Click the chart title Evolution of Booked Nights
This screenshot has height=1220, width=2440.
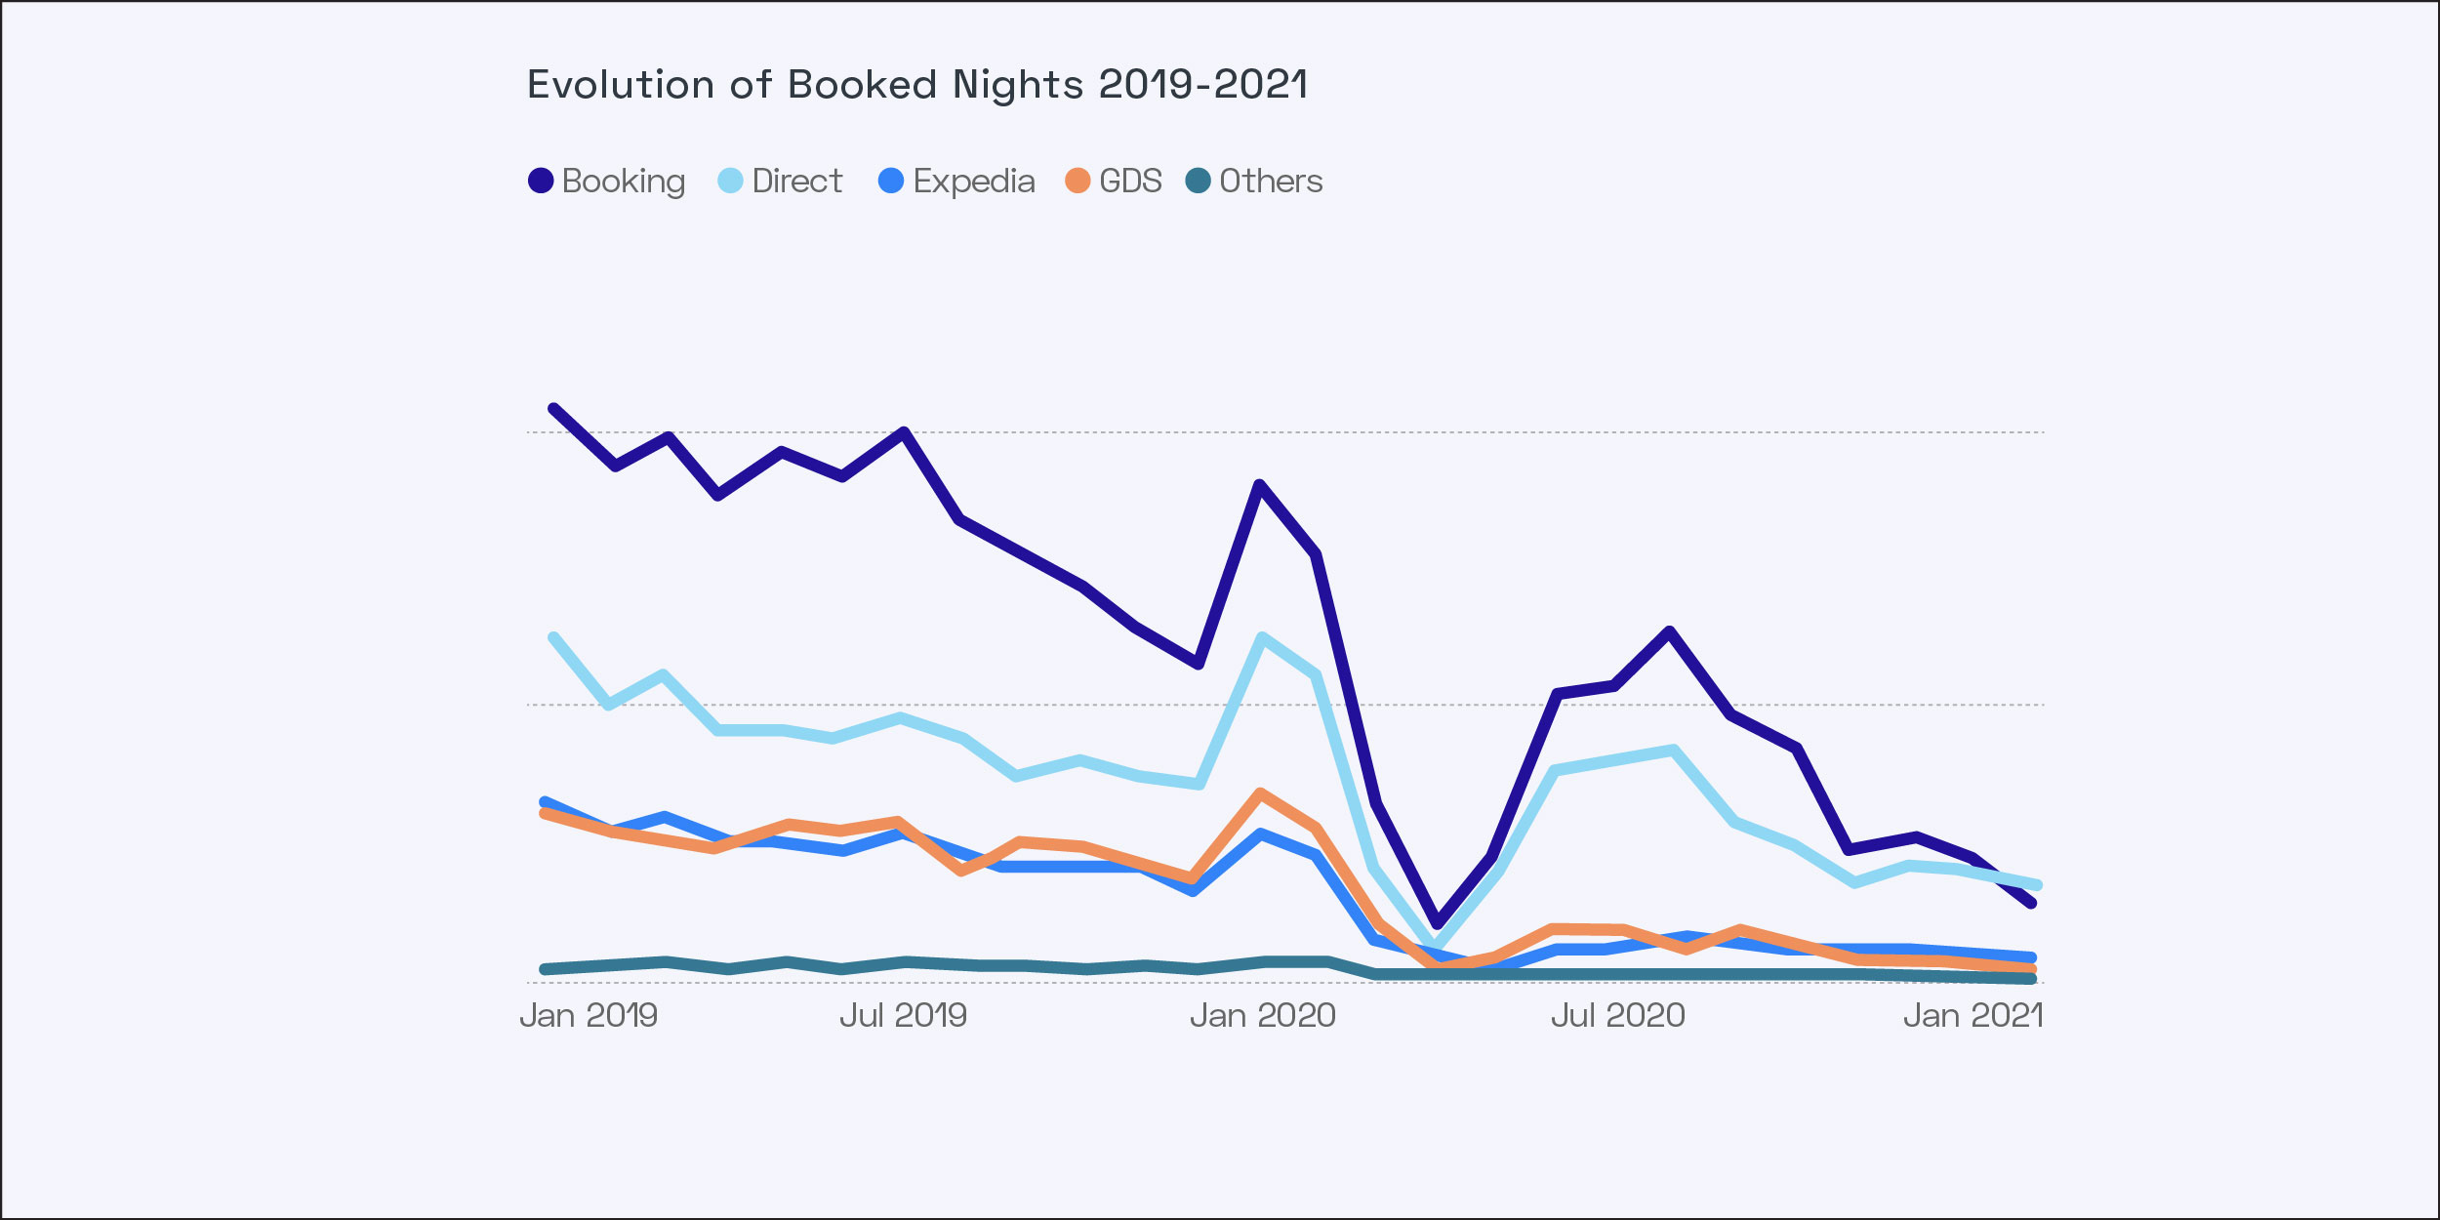coord(916,85)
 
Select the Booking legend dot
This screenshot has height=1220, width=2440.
coord(541,181)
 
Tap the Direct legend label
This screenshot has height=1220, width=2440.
coord(796,181)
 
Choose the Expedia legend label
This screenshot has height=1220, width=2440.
coord(973,181)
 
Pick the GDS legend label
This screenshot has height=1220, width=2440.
coord(1130,181)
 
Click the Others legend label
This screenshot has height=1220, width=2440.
coord(1271,181)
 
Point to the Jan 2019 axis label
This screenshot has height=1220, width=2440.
coord(589,1016)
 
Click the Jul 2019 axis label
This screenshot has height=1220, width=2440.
coord(903,1016)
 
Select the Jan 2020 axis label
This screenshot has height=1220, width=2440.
coord(1262,1016)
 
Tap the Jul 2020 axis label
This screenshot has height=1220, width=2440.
coord(1617,1016)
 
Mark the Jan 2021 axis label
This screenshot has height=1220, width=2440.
coord(1972,1016)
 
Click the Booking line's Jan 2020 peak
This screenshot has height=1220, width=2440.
coord(1260,485)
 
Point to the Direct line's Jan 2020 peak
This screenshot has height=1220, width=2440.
coord(1263,638)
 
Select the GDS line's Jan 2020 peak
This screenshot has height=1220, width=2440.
coord(1261,793)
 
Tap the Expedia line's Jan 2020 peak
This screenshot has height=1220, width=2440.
coord(1261,834)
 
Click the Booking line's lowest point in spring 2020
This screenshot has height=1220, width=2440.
coord(1437,922)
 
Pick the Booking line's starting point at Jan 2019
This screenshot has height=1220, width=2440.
coord(553,409)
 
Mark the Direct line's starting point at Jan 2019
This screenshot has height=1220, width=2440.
coord(553,638)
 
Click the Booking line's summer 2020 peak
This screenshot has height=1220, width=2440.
coord(1670,631)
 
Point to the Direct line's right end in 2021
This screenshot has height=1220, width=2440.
coord(2036,885)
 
